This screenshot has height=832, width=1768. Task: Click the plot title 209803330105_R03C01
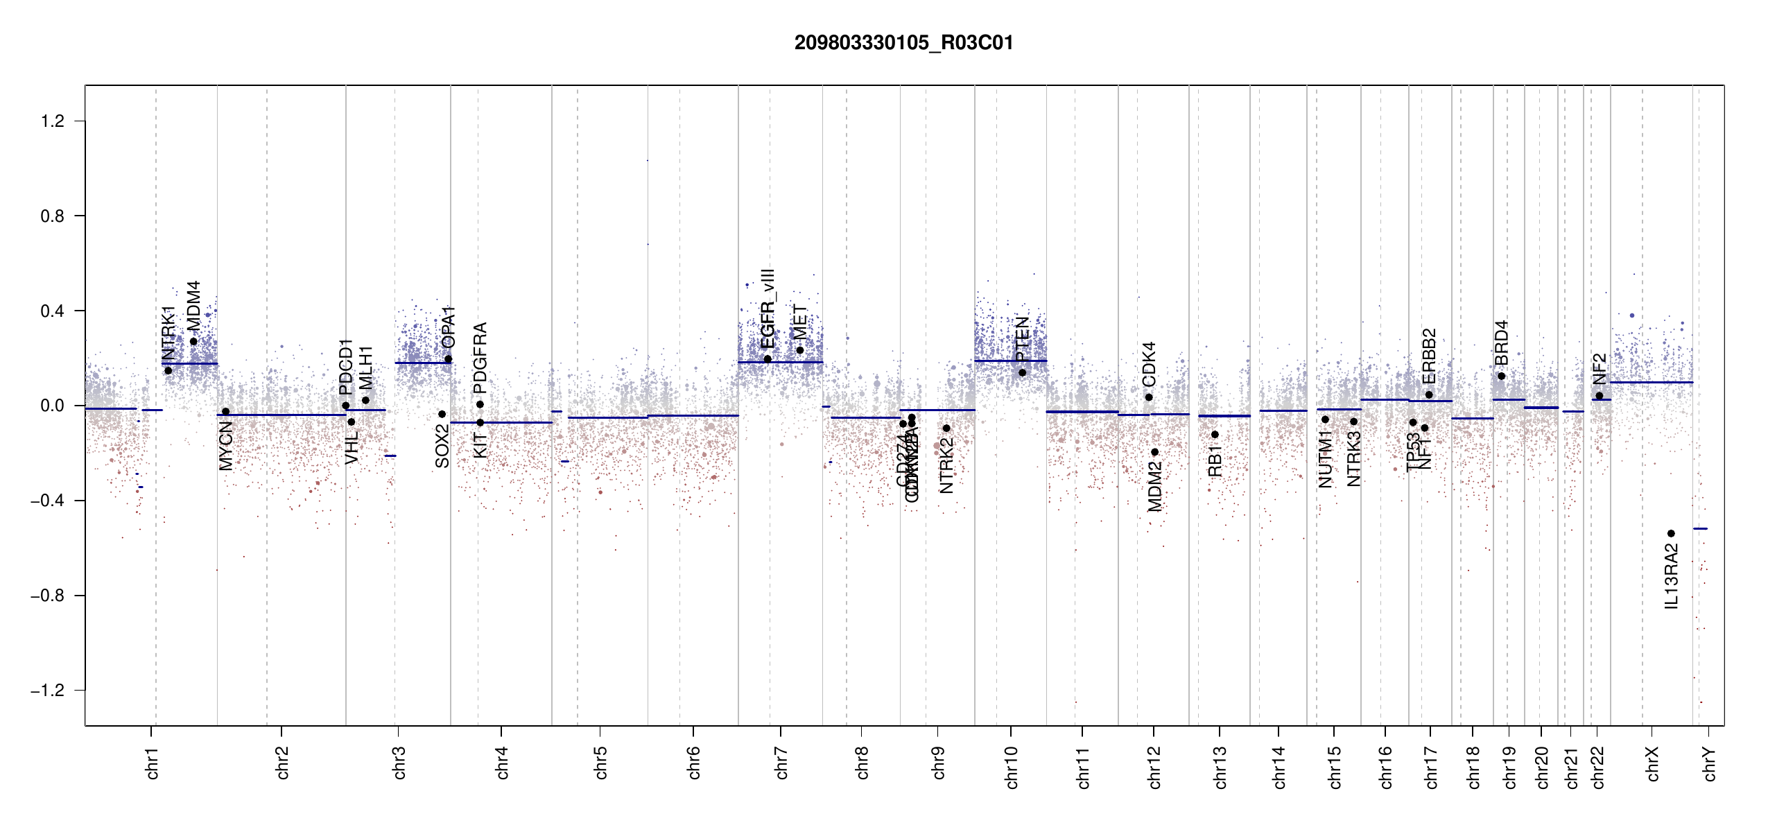[903, 43]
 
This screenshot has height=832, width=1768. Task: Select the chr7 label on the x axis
[781, 763]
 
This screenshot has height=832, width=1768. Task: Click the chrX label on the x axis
[1652, 763]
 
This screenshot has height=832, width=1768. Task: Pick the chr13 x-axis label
[1220, 766]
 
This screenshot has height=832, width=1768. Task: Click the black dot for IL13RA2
[1671, 533]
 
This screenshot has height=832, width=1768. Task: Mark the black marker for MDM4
[193, 341]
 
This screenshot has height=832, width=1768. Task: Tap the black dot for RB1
[1215, 435]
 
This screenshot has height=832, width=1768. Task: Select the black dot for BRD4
[1501, 376]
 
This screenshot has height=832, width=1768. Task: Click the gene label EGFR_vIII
[767, 309]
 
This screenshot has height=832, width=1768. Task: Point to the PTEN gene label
[1022, 338]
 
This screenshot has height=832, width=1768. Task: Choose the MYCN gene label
[226, 446]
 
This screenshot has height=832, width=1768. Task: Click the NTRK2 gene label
[946, 465]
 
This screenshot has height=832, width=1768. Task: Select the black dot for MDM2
[1154, 452]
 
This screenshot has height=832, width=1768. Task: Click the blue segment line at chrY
[1700, 528]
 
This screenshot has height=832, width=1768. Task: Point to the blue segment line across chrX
[1651, 382]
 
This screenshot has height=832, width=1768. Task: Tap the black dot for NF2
[1599, 396]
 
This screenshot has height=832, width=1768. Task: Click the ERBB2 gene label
[1429, 356]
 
